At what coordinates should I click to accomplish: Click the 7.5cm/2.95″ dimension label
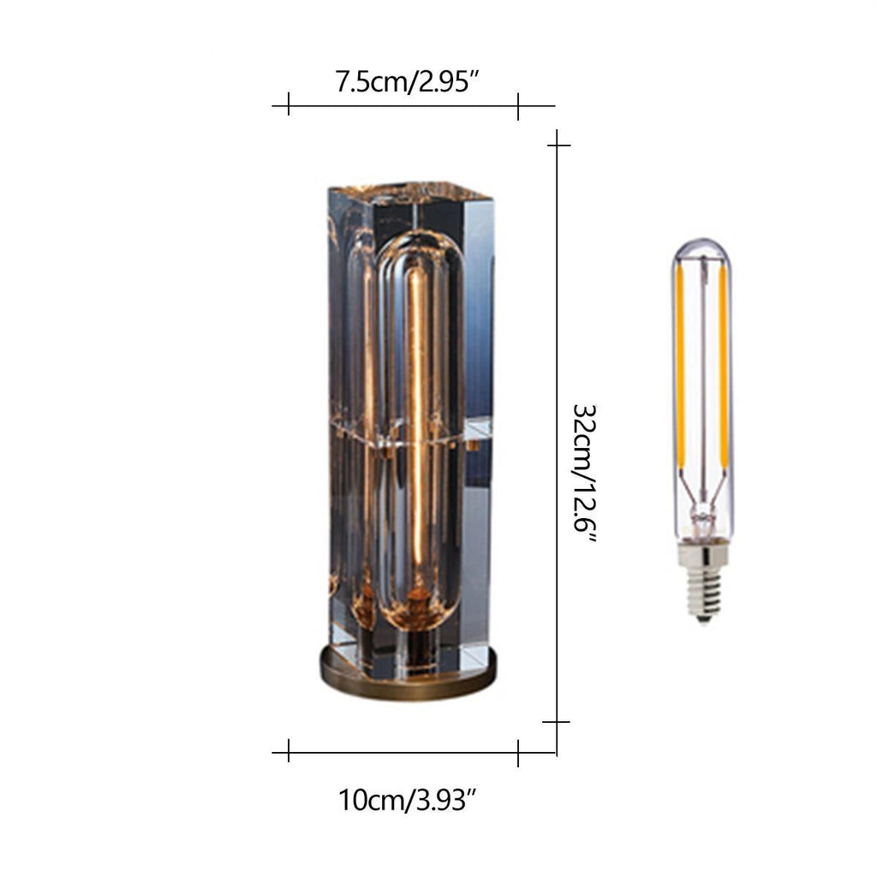point(407,81)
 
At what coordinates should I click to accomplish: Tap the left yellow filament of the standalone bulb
point(681,367)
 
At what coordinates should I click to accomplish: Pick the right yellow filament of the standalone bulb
point(724,367)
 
